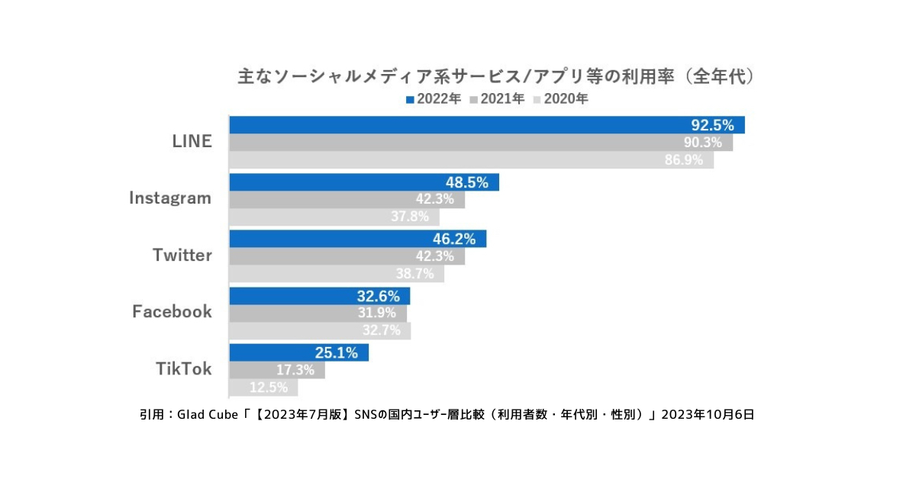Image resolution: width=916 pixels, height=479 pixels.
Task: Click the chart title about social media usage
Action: click(496, 77)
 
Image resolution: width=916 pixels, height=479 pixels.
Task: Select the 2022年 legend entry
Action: click(433, 99)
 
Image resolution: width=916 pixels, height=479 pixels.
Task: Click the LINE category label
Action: click(192, 142)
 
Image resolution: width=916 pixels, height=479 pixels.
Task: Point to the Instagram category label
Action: click(169, 198)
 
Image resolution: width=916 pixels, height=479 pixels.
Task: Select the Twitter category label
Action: click(182, 256)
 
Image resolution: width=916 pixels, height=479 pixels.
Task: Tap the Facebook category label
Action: click(172, 312)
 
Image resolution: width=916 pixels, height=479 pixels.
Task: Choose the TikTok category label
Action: click(183, 369)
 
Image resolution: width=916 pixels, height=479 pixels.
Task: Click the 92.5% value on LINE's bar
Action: click(711, 125)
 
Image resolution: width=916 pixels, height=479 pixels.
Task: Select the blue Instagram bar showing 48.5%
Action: click(364, 182)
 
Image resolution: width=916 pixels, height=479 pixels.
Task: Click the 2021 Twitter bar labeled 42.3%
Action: click(347, 256)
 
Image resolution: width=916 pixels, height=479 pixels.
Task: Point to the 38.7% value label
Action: click(414, 274)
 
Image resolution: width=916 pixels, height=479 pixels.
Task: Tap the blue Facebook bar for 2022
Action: click(320, 296)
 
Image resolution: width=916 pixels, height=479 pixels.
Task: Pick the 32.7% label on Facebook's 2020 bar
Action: click(379, 331)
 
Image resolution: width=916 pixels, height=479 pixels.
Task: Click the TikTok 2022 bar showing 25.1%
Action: click(298, 352)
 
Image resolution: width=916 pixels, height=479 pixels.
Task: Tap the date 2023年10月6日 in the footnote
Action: click(708, 415)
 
